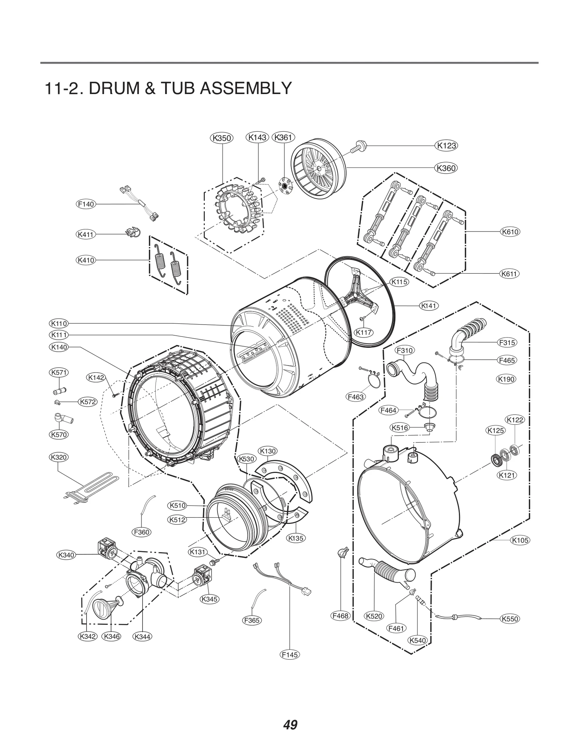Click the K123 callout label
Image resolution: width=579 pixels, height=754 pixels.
pos(446,146)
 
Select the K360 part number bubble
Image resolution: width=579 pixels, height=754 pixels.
pos(446,168)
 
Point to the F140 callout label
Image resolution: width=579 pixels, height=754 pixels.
pos(86,204)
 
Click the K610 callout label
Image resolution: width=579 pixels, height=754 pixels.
pos(510,232)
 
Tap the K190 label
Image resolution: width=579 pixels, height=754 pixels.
pos(506,379)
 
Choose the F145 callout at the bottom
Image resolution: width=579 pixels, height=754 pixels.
pos(290,655)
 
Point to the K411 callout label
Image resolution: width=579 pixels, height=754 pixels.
pos(86,234)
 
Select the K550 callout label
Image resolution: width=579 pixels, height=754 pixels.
pos(510,619)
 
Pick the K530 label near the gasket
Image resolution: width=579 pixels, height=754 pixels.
pos(247,459)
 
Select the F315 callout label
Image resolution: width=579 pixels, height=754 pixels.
pos(507,342)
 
